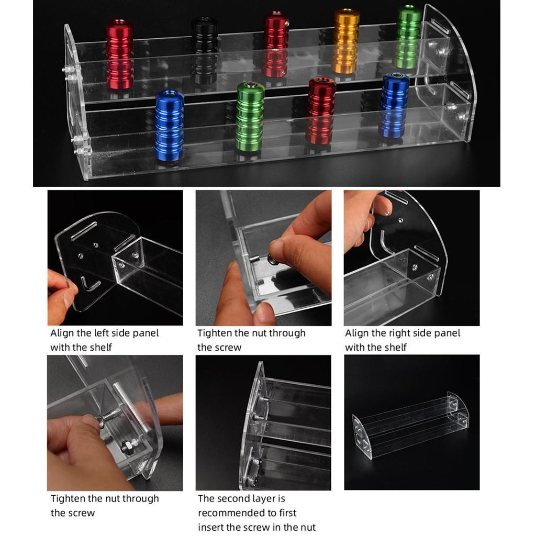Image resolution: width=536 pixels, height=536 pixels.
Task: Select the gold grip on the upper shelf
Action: click(347, 41)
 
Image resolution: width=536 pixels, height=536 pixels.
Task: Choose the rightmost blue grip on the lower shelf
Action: click(394, 105)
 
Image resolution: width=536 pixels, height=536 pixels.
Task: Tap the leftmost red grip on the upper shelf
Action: click(119, 54)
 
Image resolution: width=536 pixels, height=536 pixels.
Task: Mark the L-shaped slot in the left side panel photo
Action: click(90, 284)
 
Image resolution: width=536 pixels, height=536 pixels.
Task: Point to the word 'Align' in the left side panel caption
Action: click(62, 333)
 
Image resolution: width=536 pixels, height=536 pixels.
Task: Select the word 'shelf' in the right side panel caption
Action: click(395, 348)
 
